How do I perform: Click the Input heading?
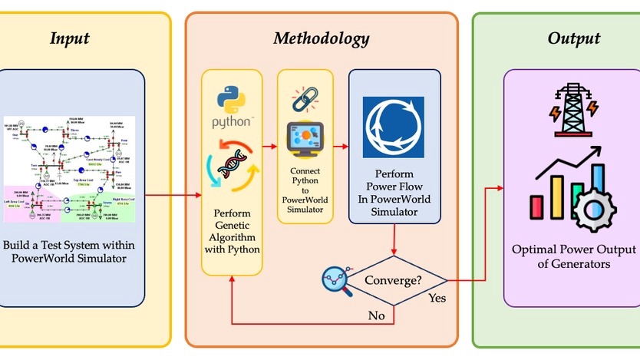coord(70,38)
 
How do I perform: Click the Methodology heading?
coord(322,38)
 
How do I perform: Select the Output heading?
coord(573,38)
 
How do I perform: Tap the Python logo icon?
coord(234,107)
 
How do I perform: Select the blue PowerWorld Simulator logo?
coord(394,127)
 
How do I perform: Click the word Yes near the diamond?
coord(437,297)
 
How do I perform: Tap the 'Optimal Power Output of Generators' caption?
coord(574,257)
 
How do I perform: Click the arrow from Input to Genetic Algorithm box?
coord(173,195)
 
